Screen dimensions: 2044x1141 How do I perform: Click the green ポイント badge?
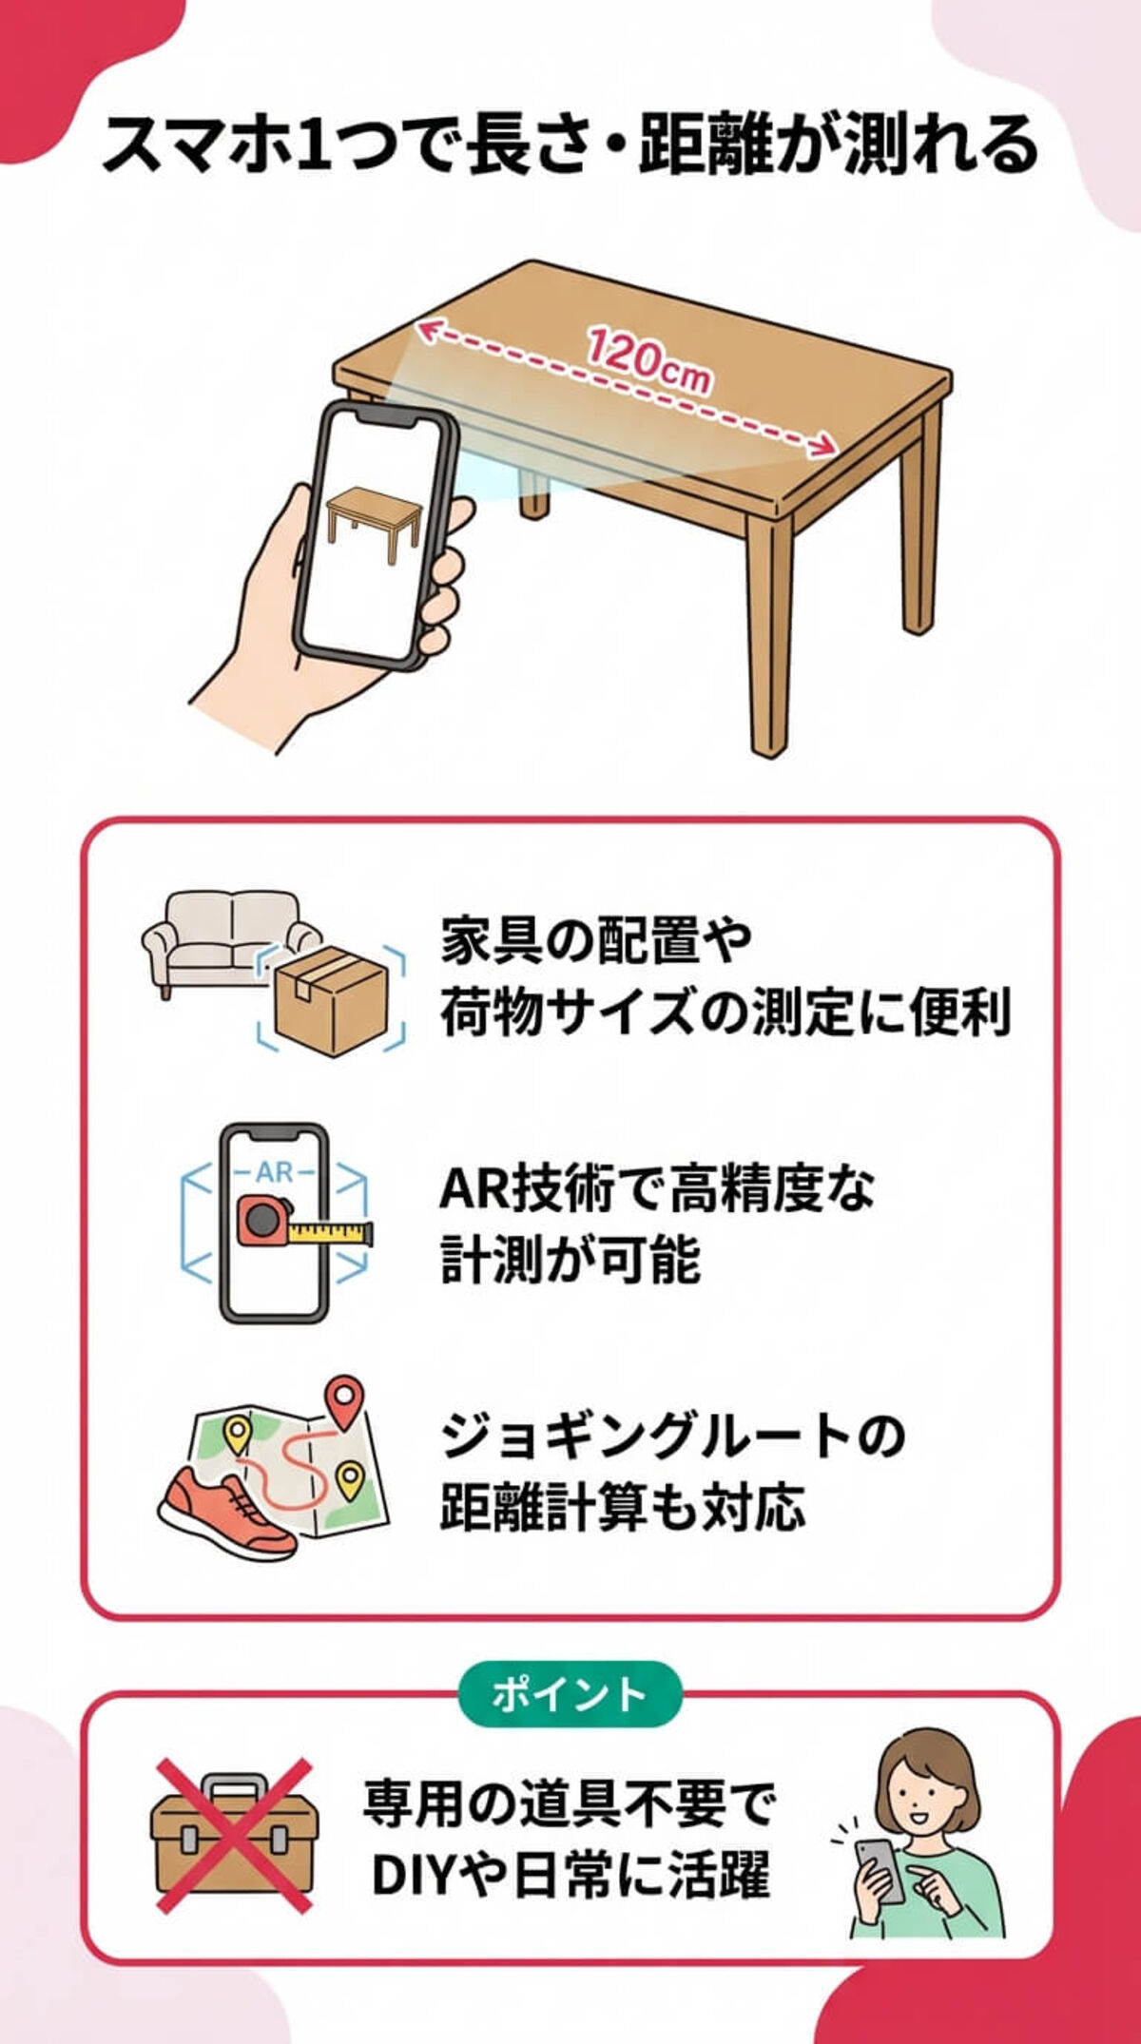pos(570,1694)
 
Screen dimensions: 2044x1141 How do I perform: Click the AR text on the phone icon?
pos(274,1172)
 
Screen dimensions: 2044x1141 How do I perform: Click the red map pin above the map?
pos(344,1400)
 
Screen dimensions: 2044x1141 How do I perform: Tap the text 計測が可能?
pos(570,1260)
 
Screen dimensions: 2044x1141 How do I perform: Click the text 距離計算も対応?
pos(622,1508)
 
